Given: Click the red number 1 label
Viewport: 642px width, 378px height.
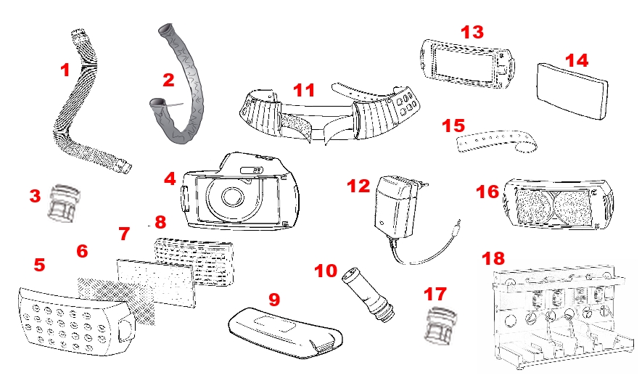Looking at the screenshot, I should pyautogui.click(x=65, y=70).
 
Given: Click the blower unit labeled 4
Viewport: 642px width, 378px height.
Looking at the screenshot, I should pyautogui.click(x=239, y=193).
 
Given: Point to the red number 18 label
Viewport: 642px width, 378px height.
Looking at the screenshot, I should pyautogui.click(x=494, y=259).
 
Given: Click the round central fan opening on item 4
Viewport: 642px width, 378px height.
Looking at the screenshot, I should pyautogui.click(x=233, y=197).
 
